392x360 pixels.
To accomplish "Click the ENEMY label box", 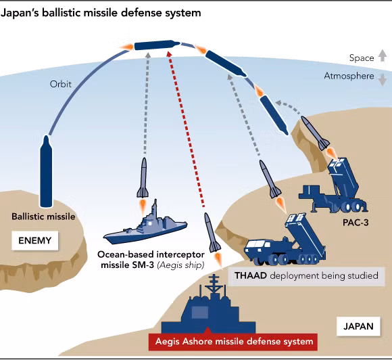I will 35,240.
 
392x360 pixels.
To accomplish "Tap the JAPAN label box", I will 358,326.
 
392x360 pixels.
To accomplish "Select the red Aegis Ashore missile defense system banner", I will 232,341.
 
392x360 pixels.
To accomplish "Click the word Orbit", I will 60,85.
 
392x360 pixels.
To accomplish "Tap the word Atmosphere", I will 349,76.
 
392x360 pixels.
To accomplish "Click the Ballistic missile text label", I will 43,217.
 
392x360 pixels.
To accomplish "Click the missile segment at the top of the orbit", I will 155,45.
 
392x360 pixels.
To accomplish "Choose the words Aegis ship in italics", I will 180,265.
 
